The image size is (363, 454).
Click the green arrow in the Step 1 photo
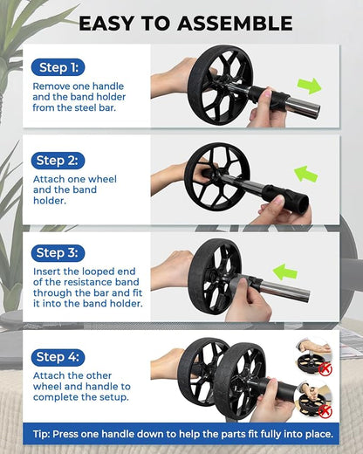coord(309,86)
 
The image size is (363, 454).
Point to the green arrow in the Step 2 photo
coord(305,175)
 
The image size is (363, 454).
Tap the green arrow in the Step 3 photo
coord(285,272)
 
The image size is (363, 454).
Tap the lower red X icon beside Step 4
coord(325,409)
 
